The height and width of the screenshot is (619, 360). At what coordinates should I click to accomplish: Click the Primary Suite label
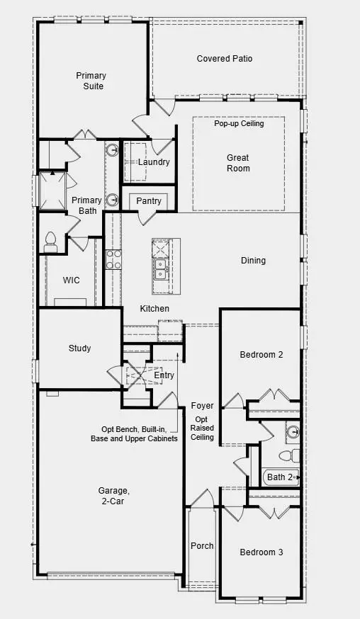tap(91, 81)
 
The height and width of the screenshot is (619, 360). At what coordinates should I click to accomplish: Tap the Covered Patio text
tap(224, 59)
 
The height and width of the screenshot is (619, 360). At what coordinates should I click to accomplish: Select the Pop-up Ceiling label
tap(239, 123)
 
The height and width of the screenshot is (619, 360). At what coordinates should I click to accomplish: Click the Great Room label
tap(238, 163)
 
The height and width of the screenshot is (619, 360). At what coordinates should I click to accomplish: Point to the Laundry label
tap(154, 162)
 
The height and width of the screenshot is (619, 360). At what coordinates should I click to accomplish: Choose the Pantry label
tap(149, 201)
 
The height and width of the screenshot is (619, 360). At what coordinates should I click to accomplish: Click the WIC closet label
tap(71, 280)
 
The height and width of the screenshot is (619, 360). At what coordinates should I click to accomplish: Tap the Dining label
tap(253, 261)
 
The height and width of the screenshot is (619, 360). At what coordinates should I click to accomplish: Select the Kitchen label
tap(154, 309)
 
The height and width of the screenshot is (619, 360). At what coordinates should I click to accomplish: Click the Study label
tap(79, 348)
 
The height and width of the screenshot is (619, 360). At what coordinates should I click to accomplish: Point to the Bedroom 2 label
tap(261, 355)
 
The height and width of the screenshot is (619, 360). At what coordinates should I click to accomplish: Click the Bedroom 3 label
tap(261, 552)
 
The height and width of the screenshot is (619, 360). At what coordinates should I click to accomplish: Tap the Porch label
tap(202, 546)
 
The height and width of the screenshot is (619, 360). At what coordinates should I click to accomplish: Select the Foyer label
tap(202, 406)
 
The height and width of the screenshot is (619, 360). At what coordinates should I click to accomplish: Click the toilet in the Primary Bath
tap(50, 242)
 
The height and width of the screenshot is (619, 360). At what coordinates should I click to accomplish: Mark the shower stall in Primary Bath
tap(52, 191)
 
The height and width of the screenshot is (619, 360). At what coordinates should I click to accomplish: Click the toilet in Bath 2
tap(288, 455)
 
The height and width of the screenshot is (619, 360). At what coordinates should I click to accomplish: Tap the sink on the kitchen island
tap(160, 269)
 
